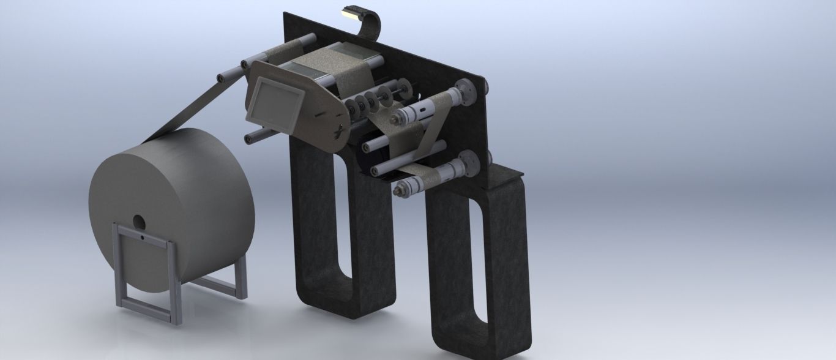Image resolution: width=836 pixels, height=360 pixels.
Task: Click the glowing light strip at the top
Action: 354,10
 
